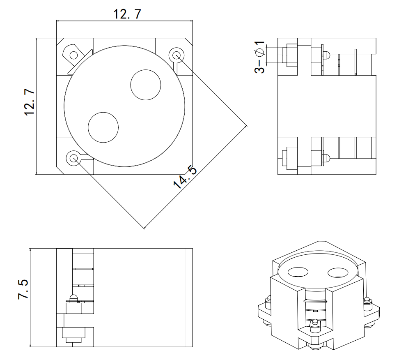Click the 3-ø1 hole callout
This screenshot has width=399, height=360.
tap(259, 57)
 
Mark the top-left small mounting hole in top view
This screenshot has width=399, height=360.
tap(74, 55)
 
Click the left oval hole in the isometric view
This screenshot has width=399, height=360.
tap(298, 272)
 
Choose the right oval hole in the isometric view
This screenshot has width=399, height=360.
tap(338, 272)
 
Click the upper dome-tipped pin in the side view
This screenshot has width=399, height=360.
tap(327, 54)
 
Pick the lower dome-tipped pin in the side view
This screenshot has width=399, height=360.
tap(327, 157)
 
